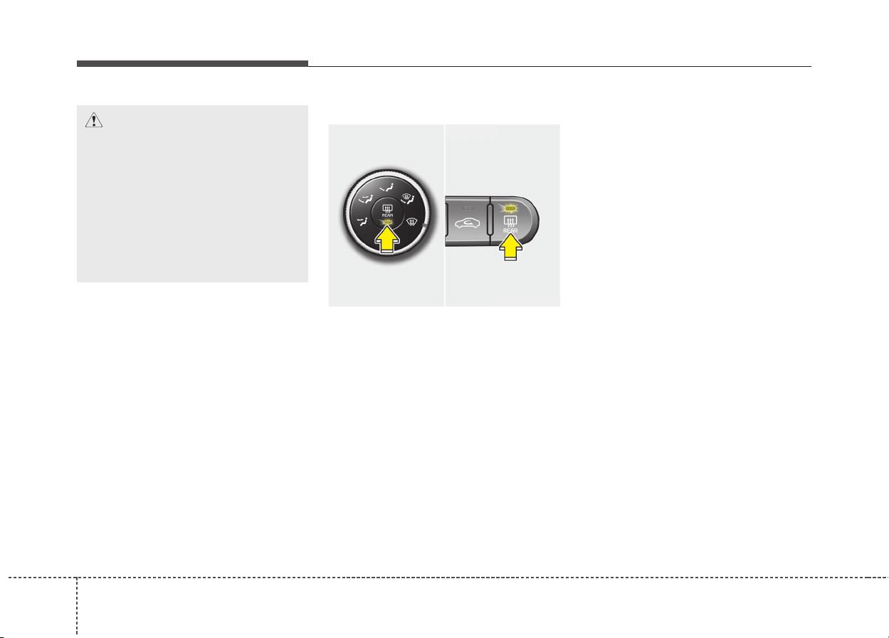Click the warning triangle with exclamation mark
(94, 120)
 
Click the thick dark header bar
(192, 63)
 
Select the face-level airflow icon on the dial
(387, 188)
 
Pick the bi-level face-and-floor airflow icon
(366, 198)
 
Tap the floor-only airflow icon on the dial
(362, 221)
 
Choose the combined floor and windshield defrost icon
(409, 198)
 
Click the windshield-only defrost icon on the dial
(412, 222)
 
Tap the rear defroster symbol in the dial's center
(387, 208)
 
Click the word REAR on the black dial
(387, 216)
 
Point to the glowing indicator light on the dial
(387, 223)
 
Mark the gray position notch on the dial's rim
(425, 226)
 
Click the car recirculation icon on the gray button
(468, 223)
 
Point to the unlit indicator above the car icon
(468, 208)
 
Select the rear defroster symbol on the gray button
(510, 221)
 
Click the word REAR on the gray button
(510, 230)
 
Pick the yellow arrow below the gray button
(510, 247)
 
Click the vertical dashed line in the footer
(77, 606)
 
